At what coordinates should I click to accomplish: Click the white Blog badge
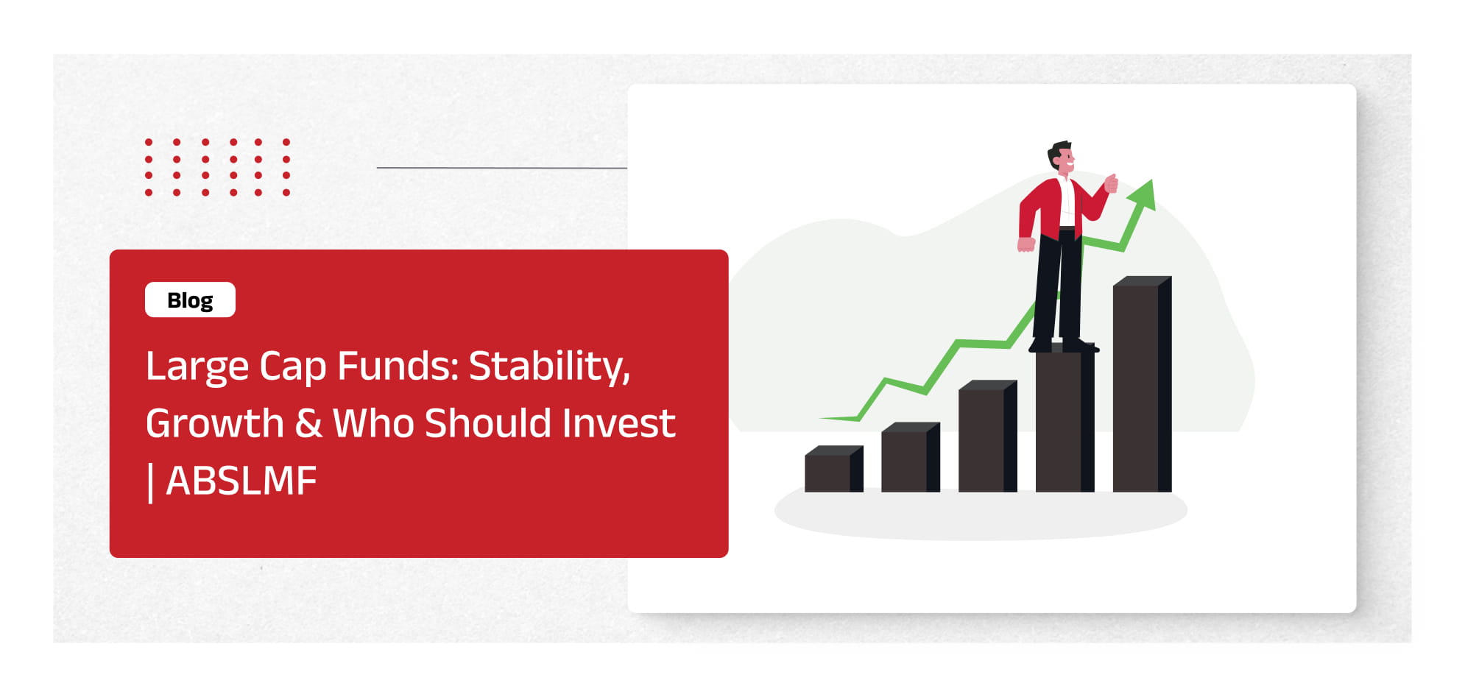click(190, 300)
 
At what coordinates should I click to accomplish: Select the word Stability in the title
click(549, 367)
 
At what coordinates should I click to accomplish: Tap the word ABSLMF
click(241, 481)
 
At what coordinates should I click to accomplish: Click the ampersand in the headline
click(308, 424)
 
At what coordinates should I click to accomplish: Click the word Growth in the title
click(215, 424)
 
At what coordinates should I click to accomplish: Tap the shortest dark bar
click(833, 469)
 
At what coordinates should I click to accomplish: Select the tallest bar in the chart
click(1142, 384)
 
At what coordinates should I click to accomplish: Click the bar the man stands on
click(1065, 420)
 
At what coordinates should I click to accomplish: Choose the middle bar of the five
click(987, 436)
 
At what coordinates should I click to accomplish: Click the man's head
click(1061, 157)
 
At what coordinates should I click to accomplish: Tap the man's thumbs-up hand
click(1111, 183)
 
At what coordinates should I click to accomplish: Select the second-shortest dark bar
click(911, 457)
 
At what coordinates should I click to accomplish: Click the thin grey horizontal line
click(502, 168)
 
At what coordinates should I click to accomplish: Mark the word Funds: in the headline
click(398, 366)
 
